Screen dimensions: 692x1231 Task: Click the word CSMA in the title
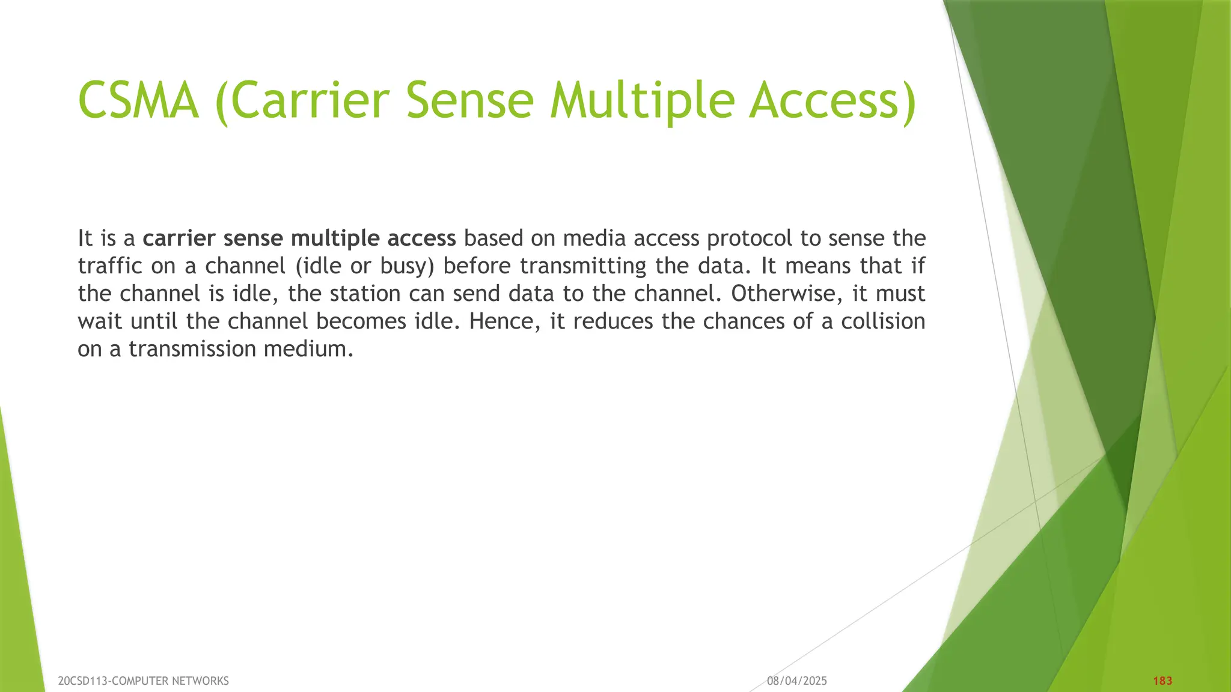(139, 100)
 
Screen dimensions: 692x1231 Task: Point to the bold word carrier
(179, 238)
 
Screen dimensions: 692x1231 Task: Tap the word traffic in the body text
(111, 266)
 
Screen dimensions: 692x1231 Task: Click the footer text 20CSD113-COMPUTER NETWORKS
(143, 681)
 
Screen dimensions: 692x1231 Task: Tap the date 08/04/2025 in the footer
(797, 681)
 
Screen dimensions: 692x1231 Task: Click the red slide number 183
(1162, 681)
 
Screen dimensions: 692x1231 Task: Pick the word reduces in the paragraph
(612, 321)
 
